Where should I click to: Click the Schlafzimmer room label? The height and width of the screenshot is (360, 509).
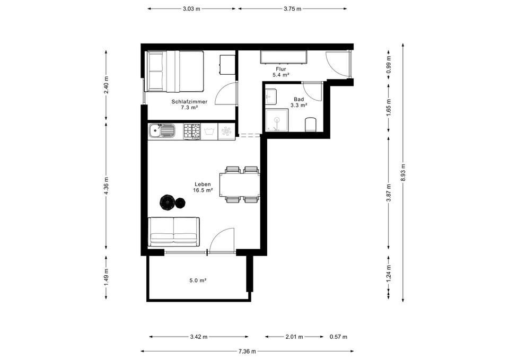pyautogui.click(x=189, y=102)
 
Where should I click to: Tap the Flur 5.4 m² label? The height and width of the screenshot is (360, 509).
pyautogui.click(x=281, y=72)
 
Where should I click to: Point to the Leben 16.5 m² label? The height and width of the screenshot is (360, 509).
pyautogui.click(x=203, y=187)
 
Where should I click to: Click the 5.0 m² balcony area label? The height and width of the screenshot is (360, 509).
pyautogui.click(x=198, y=280)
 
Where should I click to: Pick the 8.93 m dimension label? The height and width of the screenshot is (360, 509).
pyautogui.click(x=403, y=172)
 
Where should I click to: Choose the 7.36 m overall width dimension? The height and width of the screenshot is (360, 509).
pyautogui.click(x=247, y=351)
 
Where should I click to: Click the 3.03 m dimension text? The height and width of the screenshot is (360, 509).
pyautogui.click(x=191, y=9)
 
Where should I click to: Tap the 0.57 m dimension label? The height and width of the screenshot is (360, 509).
pyautogui.click(x=338, y=337)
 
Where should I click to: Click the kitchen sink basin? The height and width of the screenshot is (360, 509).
pyautogui.click(x=155, y=132)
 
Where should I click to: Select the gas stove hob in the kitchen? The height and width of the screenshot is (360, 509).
pyautogui.click(x=192, y=131)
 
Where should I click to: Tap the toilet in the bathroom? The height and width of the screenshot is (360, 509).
pyautogui.click(x=310, y=125)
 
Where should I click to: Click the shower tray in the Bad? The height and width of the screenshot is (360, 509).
pyautogui.click(x=277, y=120)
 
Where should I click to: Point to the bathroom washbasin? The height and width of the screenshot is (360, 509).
pyautogui.click(x=271, y=96)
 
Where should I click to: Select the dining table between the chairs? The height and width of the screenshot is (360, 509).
pyautogui.click(x=240, y=185)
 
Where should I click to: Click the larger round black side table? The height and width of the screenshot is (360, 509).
pyautogui.click(x=168, y=202)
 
